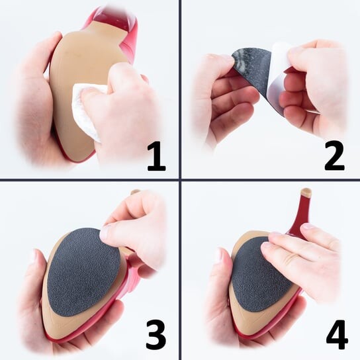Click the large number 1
coord(157,156)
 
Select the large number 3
coord(156,335)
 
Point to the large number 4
coord(337,334)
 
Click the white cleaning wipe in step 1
coord(87,108)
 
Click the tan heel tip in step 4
coord(306,192)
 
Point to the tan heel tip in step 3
coord(135,192)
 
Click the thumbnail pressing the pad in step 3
coord(105,232)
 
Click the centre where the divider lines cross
coord(180,179)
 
